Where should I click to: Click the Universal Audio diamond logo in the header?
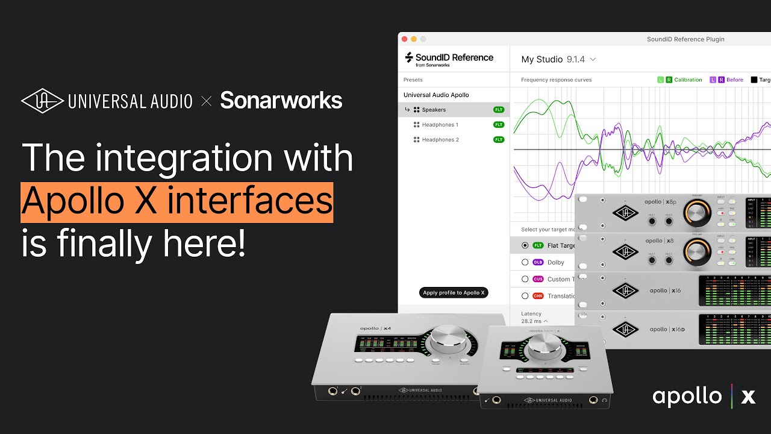[x=42, y=101]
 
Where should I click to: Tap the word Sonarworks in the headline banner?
[x=281, y=101]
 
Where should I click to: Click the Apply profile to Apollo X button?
[x=454, y=293]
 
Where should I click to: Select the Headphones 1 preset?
[x=440, y=125]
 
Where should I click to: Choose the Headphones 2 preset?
[x=440, y=140]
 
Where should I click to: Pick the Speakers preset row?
[x=434, y=110]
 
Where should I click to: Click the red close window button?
[x=405, y=39]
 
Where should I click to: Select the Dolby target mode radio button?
[x=525, y=262]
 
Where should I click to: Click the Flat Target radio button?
[x=525, y=245]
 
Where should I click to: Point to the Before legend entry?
[x=734, y=80]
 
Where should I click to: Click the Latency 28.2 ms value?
[x=531, y=321]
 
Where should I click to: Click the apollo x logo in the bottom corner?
[x=704, y=396]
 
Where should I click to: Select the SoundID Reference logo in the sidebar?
[x=449, y=58]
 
